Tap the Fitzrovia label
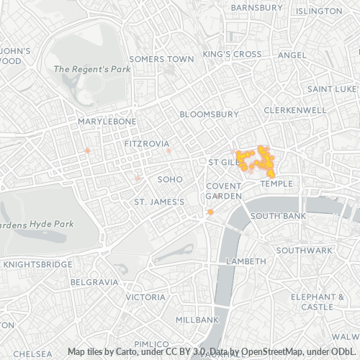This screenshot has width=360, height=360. [146, 144]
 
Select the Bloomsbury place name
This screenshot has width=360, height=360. [208, 114]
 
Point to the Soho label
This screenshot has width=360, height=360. [170, 179]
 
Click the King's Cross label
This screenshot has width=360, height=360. [232, 54]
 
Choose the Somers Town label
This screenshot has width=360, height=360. [161, 58]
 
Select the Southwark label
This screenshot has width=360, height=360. [304, 250]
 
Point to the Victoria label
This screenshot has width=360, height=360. [145, 297]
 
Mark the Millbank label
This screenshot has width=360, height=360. [197, 319]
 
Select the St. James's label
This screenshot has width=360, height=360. [159, 202]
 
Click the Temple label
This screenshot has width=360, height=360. [277, 184]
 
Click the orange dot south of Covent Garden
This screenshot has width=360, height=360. [210, 212]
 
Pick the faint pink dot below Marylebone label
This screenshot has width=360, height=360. [87, 150]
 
